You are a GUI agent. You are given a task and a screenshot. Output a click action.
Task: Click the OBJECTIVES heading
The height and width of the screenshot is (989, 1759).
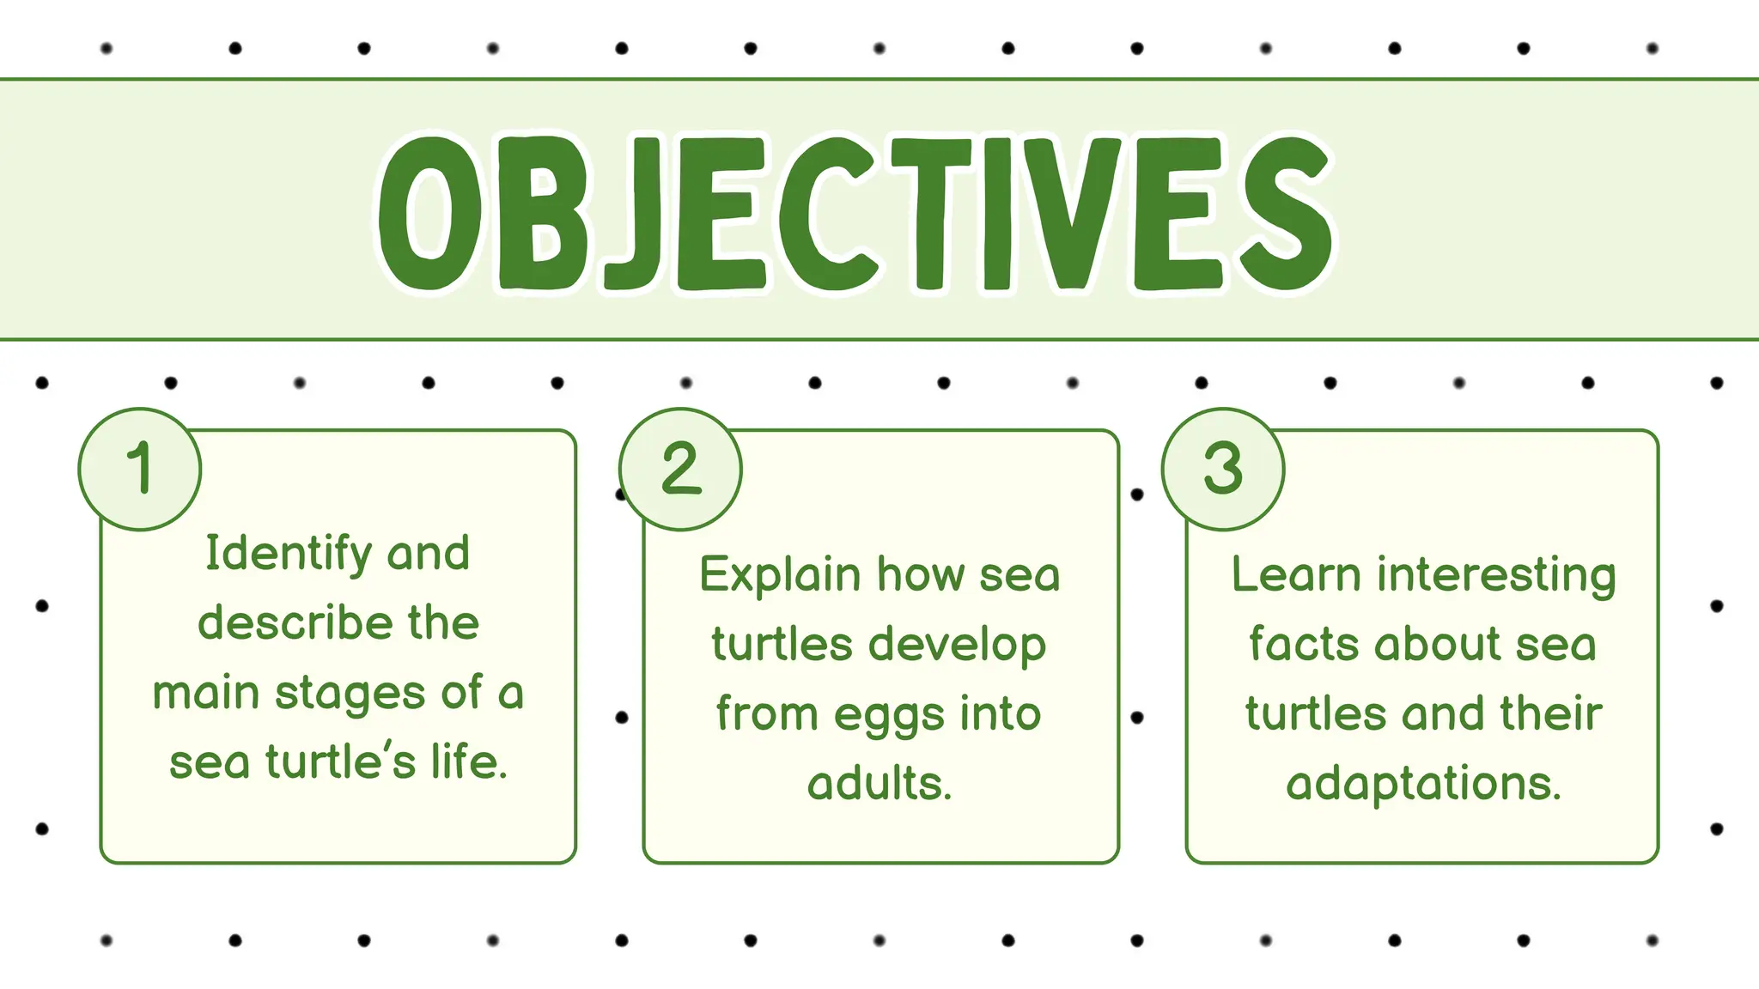coord(855,212)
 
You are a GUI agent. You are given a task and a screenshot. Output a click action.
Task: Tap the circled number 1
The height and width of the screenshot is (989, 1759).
coord(140,469)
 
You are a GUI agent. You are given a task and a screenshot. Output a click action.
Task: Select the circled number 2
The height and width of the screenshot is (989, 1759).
coord(681,469)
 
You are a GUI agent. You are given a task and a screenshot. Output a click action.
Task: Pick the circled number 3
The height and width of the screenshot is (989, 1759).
coord(1223,469)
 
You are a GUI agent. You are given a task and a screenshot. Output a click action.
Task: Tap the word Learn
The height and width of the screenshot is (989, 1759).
coord(1296,575)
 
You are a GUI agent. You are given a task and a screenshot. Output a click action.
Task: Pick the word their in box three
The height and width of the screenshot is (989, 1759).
coord(1551,714)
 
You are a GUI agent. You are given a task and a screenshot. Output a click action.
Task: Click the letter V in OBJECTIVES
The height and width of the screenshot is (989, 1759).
coord(1073,212)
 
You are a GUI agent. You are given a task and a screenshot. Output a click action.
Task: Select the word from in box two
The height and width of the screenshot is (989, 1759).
coord(767,714)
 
